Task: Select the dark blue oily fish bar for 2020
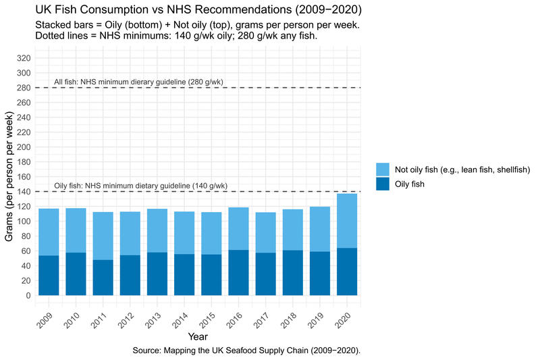coord(347,272)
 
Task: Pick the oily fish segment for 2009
coord(49,275)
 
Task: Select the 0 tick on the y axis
coord(28,295)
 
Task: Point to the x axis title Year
coord(198,336)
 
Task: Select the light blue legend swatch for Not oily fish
coord(383,169)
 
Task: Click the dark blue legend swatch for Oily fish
coord(383,184)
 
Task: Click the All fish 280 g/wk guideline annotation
coord(138,82)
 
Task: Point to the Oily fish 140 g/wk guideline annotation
coord(140,186)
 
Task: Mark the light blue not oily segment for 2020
coord(347,221)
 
